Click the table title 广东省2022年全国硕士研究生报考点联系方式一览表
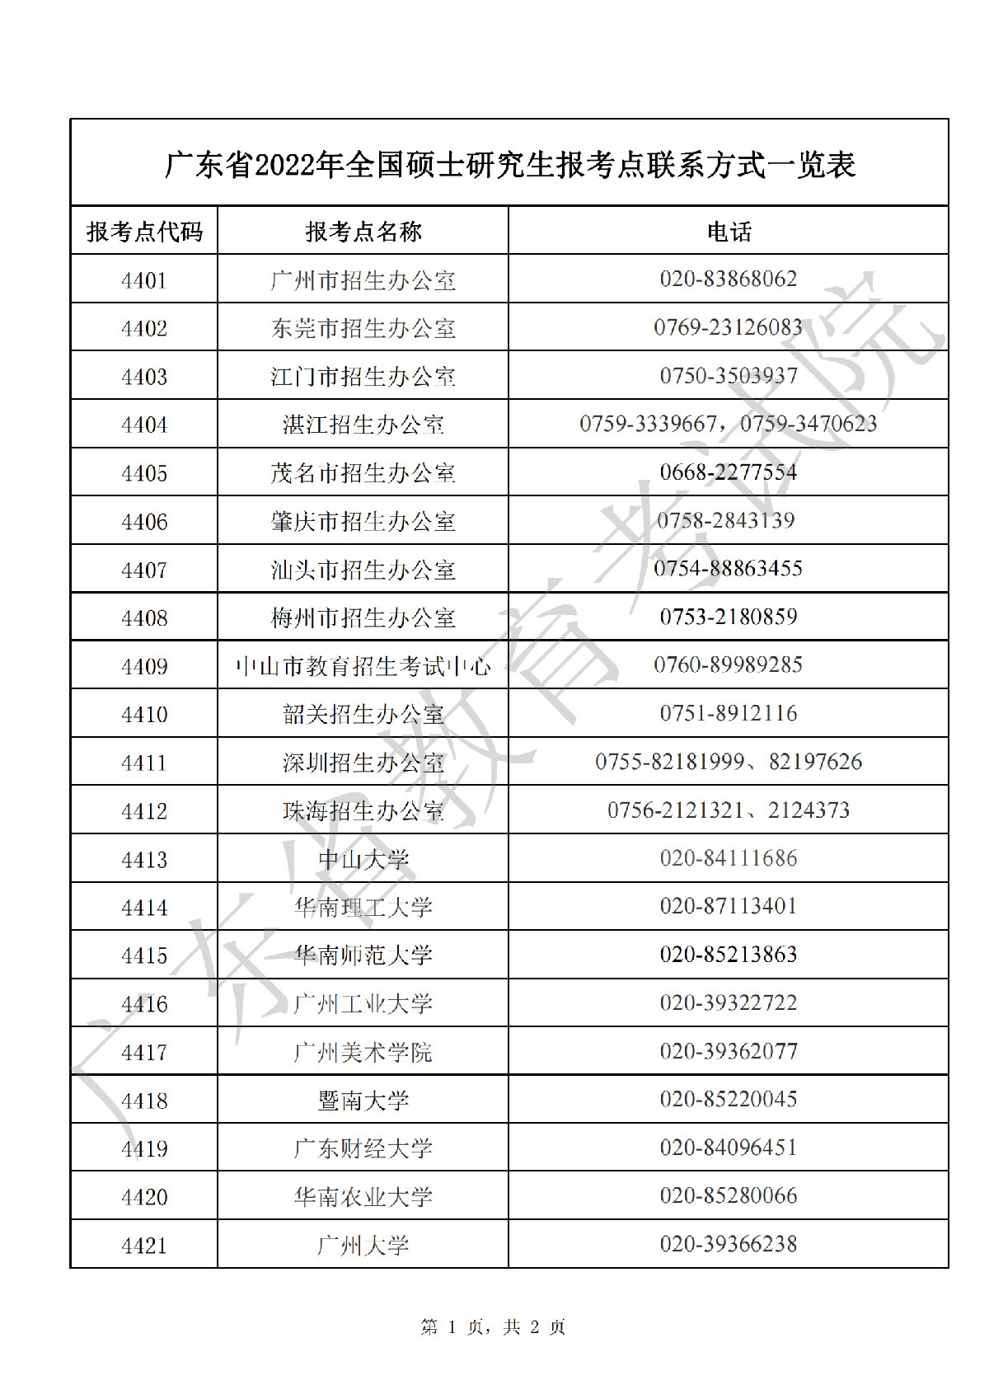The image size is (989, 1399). pyautogui.click(x=509, y=165)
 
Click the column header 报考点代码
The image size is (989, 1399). pyautogui.click(x=144, y=232)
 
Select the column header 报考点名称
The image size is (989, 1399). pyautogui.click(x=363, y=232)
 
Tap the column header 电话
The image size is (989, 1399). pyautogui.click(x=729, y=232)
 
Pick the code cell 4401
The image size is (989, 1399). pyautogui.click(x=144, y=280)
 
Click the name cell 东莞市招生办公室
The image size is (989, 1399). pyautogui.click(x=363, y=328)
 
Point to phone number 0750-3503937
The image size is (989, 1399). pyautogui.click(x=729, y=376)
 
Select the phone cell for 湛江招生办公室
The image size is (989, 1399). pyautogui.click(x=729, y=424)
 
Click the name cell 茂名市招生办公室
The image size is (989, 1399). pyautogui.click(x=363, y=472)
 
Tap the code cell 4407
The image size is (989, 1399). pyautogui.click(x=144, y=570)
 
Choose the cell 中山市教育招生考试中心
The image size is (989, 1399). pyautogui.click(x=363, y=666)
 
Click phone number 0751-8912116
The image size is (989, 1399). pyautogui.click(x=729, y=713)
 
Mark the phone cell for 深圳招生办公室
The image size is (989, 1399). pyautogui.click(x=729, y=762)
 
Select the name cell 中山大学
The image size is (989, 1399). pyautogui.click(x=363, y=859)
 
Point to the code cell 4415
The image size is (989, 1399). pyautogui.click(x=144, y=955)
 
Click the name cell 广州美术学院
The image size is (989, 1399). pyautogui.click(x=363, y=1052)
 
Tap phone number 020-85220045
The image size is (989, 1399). pyautogui.click(x=729, y=1100)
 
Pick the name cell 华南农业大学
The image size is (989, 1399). pyautogui.click(x=363, y=1196)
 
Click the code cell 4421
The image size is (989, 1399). pyautogui.click(x=144, y=1245)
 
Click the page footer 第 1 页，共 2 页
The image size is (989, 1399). pyautogui.click(x=494, y=1327)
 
